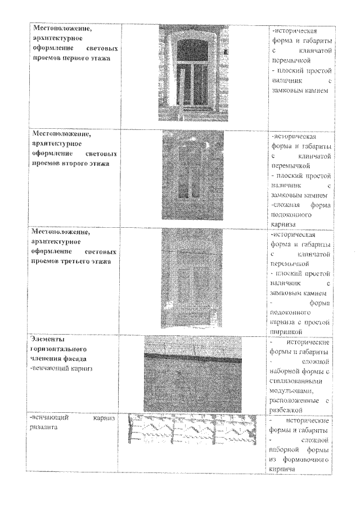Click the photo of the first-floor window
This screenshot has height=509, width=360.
coord(195,73)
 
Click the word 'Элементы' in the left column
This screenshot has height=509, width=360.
coord(49,340)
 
